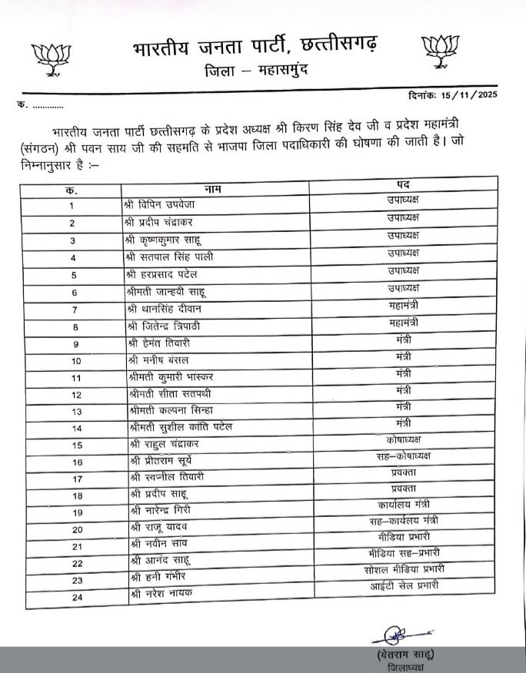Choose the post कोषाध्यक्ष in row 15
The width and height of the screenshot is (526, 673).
click(401, 439)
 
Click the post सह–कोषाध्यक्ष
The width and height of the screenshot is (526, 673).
click(401, 456)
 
